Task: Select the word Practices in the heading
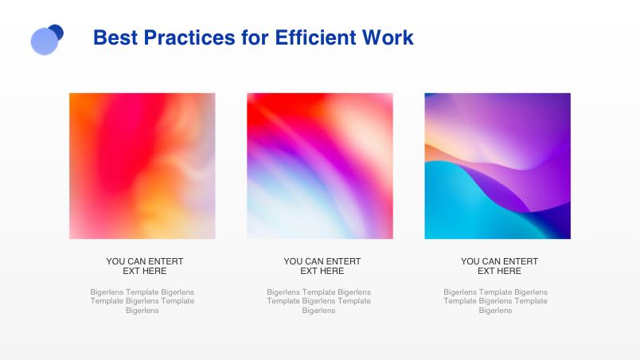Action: coord(189,37)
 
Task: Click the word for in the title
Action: coord(255,37)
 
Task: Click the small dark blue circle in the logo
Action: coord(57,31)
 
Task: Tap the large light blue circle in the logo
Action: coord(45,41)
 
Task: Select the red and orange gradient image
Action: coord(142,166)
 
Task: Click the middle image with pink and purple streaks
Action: coord(319,166)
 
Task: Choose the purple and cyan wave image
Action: coord(498,166)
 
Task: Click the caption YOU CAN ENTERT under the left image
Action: coord(145,261)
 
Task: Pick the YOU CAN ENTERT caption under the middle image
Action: coord(322,261)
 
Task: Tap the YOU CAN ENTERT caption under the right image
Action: coord(499,261)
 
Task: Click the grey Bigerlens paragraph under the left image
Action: coord(142,301)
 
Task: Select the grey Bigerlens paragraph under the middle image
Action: coord(318,301)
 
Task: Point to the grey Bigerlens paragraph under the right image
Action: coord(495,301)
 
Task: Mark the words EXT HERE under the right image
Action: coord(499,271)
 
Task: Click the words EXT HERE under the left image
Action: coord(145,271)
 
